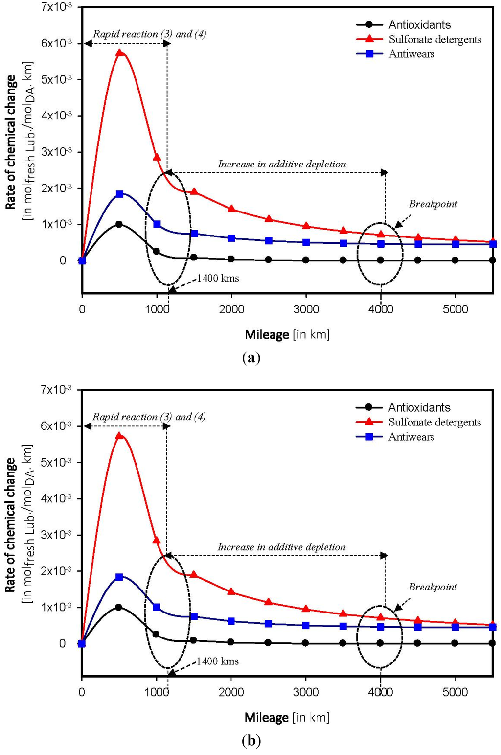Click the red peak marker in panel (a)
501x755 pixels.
(x=119, y=53)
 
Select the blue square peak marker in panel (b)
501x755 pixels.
(x=119, y=577)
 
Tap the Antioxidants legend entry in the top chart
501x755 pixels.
(x=419, y=24)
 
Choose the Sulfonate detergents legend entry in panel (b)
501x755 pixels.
(x=434, y=422)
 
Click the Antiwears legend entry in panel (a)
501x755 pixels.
(x=411, y=54)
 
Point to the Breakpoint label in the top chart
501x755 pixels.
(x=433, y=204)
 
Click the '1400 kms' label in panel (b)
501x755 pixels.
(x=218, y=661)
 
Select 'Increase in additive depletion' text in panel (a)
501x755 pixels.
(x=282, y=164)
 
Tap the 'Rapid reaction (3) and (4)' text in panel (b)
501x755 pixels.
(x=149, y=417)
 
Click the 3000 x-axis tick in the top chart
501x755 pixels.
(x=306, y=309)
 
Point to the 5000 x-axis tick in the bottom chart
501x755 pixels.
(x=455, y=692)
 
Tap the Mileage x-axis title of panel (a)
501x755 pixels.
(x=287, y=335)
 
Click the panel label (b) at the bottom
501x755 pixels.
(x=251, y=740)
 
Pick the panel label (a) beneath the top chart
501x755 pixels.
(x=251, y=357)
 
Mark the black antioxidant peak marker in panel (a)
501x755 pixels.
(x=119, y=224)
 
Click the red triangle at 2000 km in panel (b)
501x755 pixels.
(x=231, y=592)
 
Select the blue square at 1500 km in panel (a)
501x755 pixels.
(x=194, y=234)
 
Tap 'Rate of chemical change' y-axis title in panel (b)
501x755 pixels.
(x=11, y=525)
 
